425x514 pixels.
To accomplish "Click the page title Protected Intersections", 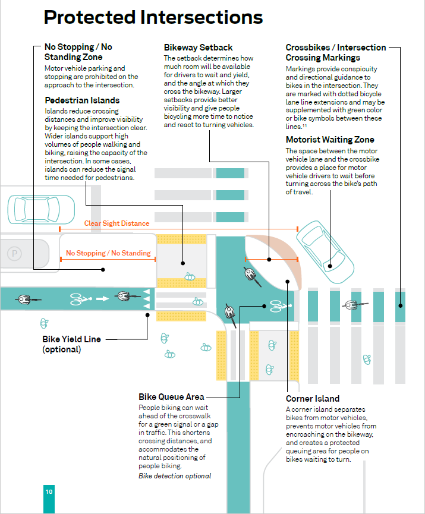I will pos(153,17).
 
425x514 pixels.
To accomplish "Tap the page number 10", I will pos(49,491).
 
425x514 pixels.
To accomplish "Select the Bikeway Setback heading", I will pos(198,48).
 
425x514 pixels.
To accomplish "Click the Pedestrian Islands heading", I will pos(82,100).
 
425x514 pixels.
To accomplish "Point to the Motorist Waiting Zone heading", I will pos(330,140).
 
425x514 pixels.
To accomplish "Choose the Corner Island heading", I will pos(313,399).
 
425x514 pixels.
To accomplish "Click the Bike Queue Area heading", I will pos(171,396).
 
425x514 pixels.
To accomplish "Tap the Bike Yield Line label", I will pos(71,339).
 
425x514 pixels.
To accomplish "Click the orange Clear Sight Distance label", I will pos(117,223).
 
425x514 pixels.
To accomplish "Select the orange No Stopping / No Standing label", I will pos(108,253).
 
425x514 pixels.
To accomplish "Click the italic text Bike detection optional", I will pos(175,476).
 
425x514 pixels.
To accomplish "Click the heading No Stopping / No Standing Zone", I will pos(78,52).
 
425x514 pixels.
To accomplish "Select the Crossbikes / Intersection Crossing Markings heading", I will pos(336,52).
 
